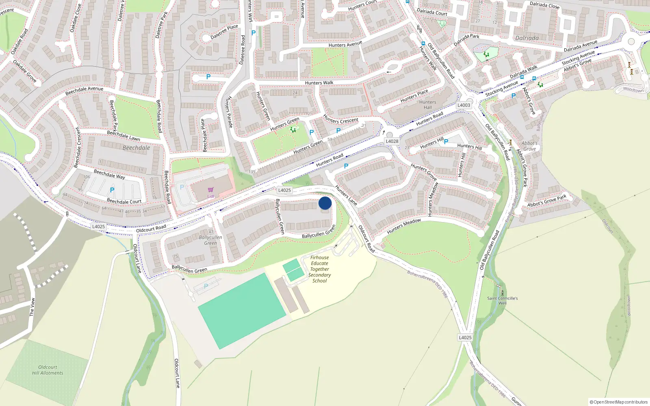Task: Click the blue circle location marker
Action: (x=325, y=203)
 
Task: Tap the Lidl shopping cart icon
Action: (x=210, y=190)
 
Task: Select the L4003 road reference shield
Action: (x=464, y=105)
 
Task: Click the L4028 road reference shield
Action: (x=392, y=141)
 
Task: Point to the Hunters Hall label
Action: (x=428, y=105)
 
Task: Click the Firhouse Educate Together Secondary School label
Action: (x=320, y=269)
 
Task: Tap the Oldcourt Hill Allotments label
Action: (x=48, y=370)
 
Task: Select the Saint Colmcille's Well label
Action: (x=503, y=300)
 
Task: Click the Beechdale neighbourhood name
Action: (x=136, y=148)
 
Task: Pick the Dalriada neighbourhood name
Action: (x=527, y=38)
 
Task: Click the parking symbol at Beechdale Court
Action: (x=112, y=190)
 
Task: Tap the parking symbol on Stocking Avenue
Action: (x=513, y=96)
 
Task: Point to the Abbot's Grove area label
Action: (x=529, y=146)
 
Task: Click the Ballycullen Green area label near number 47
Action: (x=210, y=240)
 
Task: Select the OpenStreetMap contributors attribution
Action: (x=619, y=402)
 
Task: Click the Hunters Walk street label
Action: (x=319, y=83)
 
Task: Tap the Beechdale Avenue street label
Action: (x=84, y=91)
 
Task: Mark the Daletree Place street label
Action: (x=224, y=32)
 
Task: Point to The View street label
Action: (x=32, y=307)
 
